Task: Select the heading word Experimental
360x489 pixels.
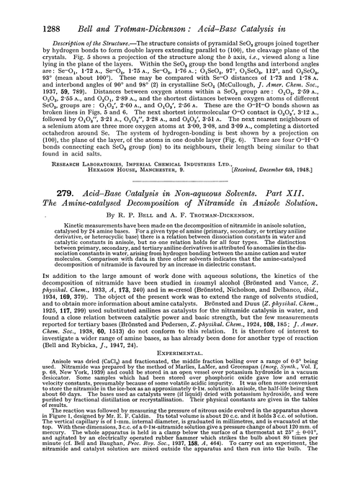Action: (180, 344)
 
